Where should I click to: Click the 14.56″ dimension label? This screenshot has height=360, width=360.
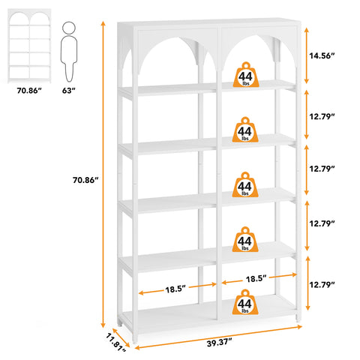(x=322, y=55)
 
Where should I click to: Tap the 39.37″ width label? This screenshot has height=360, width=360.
(x=219, y=343)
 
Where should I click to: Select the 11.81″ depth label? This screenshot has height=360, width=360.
(x=115, y=342)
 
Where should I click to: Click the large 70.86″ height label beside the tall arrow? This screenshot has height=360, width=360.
(x=85, y=180)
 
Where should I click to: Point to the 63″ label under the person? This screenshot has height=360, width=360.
(x=69, y=91)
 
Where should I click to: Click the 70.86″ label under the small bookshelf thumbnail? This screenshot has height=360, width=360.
(x=29, y=91)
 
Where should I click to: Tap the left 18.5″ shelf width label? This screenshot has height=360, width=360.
(x=175, y=289)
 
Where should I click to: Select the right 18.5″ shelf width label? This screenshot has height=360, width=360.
(x=256, y=279)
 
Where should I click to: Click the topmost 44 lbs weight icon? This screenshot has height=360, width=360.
(x=246, y=75)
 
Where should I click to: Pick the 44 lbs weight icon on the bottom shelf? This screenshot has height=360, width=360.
(x=245, y=302)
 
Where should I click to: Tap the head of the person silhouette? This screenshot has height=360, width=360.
(x=69, y=28)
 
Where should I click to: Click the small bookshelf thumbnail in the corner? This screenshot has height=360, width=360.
(x=29, y=46)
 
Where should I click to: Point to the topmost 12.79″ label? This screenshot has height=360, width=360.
(x=322, y=116)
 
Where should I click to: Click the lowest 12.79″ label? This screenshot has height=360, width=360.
(x=322, y=284)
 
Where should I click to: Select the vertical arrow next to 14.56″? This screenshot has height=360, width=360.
(x=307, y=55)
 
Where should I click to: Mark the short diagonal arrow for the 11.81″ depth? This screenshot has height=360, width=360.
(x=121, y=337)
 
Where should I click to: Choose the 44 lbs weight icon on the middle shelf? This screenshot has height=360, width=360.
(x=245, y=184)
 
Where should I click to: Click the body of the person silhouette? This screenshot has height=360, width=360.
(x=69, y=58)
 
